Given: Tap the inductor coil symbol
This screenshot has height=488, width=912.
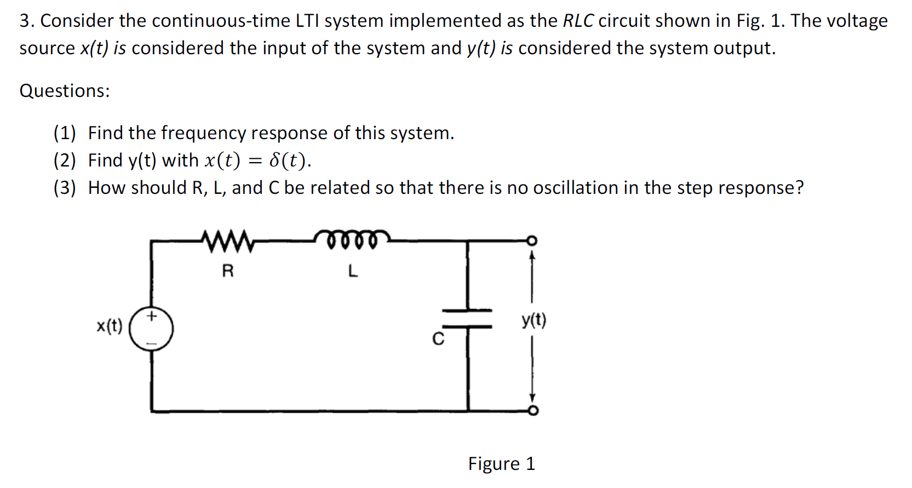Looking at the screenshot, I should (x=353, y=239).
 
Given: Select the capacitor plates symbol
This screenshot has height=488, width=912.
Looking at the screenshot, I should (x=467, y=319).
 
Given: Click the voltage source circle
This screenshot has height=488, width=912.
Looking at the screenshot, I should (x=152, y=329).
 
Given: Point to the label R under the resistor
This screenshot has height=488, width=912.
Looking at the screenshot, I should (x=228, y=271).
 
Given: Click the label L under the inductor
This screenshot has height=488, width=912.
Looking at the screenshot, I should (x=353, y=271).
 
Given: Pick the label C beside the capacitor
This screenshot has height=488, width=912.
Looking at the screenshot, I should (x=438, y=340).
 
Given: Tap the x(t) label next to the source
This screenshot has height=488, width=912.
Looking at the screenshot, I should (x=110, y=326).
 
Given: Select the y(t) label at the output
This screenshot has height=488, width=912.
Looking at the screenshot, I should (x=534, y=320).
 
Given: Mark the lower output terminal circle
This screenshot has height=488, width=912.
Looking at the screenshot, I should (x=533, y=411).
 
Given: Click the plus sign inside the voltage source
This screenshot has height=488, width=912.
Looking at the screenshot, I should (x=152, y=316).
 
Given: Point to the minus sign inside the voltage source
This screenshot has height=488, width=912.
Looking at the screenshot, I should (x=152, y=344).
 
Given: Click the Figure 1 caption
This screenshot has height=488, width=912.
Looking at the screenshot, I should (x=501, y=464).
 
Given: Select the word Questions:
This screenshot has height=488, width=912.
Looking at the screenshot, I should (x=65, y=91).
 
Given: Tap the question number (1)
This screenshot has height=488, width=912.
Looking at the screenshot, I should (x=64, y=133).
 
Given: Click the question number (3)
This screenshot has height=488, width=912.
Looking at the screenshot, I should (x=64, y=188).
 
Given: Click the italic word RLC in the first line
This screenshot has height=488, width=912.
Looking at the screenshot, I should (x=578, y=21).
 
